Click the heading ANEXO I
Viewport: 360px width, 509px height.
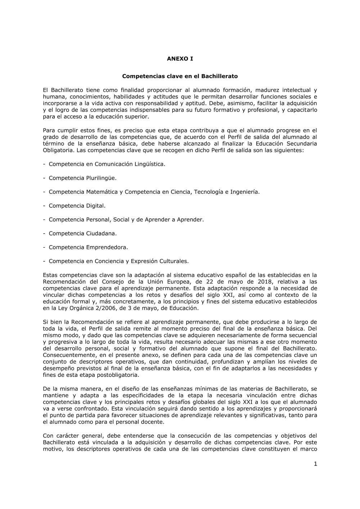(x=180, y=59)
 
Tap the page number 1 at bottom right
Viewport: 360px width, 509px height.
(x=315, y=464)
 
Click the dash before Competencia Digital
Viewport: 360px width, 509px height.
(x=44, y=206)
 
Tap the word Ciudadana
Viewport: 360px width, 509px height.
(x=101, y=233)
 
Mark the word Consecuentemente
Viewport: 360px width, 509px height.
(x=67, y=355)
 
